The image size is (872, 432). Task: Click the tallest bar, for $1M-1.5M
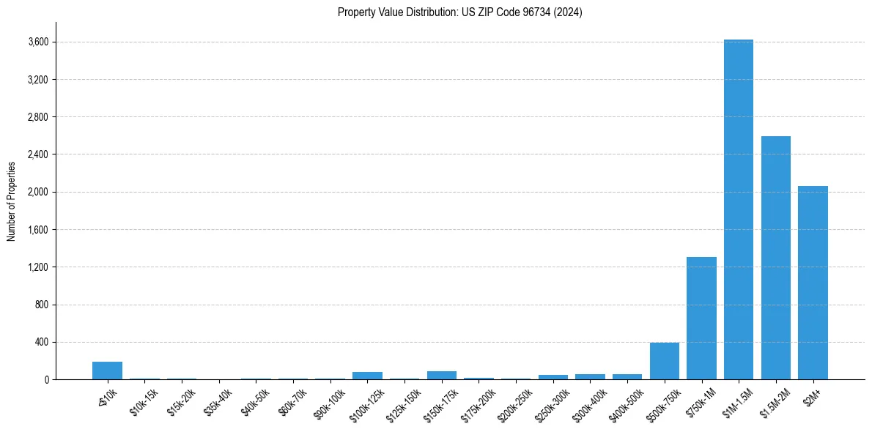pyautogui.click(x=738, y=209)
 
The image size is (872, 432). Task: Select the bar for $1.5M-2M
pyautogui.click(x=775, y=258)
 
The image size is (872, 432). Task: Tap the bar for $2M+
pyautogui.click(x=813, y=283)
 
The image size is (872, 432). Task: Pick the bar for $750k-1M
pyautogui.click(x=701, y=319)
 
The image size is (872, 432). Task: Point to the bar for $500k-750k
pyautogui.click(x=664, y=361)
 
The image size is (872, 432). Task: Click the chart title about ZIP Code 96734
pyautogui.click(x=459, y=12)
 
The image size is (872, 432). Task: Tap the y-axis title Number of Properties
pyautogui.click(x=12, y=201)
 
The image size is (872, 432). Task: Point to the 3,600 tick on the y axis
pyautogui.click(x=38, y=42)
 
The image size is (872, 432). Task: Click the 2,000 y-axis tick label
pyautogui.click(x=38, y=192)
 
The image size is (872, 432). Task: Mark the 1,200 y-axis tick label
pyautogui.click(x=38, y=267)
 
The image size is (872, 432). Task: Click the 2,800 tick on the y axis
pyautogui.click(x=38, y=117)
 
